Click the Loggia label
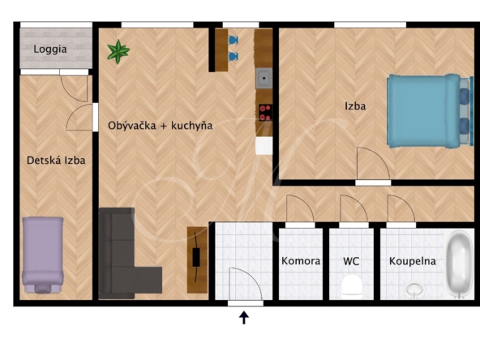pyautogui.click(x=50, y=49)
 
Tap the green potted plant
pyautogui.click(x=118, y=51)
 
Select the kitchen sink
pyautogui.click(x=264, y=79)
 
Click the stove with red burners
pyautogui.click(x=265, y=113)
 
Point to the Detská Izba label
pyautogui.click(x=56, y=160)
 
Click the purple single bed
pyautogui.click(x=43, y=255)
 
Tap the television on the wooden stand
pyautogui.click(x=196, y=257)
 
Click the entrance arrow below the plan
pyautogui.click(x=244, y=318)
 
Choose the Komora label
pyautogui.click(x=301, y=261)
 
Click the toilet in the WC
pyautogui.click(x=351, y=287)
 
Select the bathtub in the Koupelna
pyautogui.click(x=459, y=264)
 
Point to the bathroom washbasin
pyautogui.click(x=414, y=290)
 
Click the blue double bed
pyautogui.click(x=429, y=111)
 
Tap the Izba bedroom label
pyautogui.click(x=355, y=106)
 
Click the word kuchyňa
pyautogui.click(x=191, y=126)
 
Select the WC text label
pyautogui.click(x=351, y=261)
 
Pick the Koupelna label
pyautogui.click(x=413, y=261)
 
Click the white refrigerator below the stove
pyautogui.click(x=264, y=145)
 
